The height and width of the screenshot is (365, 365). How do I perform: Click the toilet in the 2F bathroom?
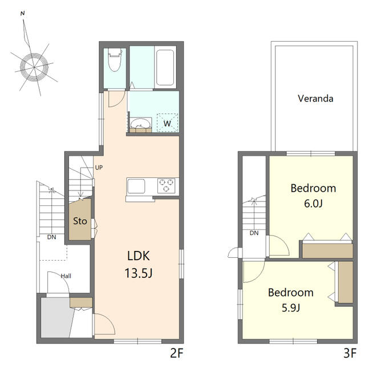[115, 59]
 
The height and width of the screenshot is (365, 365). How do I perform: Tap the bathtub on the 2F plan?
[165, 67]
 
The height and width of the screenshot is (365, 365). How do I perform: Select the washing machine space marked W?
[167, 123]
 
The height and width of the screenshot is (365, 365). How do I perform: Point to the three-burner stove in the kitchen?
[166, 185]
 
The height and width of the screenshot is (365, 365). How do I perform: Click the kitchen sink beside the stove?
[136, 186]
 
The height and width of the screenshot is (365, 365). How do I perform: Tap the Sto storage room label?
[80, 221]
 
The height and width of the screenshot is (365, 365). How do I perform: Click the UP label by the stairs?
[99, 168]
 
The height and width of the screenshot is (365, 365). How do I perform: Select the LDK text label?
[139, 255]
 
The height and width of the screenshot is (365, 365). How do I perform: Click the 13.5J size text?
[139, 273]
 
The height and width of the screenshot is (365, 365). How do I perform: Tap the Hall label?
[66, 276]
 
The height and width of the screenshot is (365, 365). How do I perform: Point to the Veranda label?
[315, 99]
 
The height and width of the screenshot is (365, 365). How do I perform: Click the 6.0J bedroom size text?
[313, 204]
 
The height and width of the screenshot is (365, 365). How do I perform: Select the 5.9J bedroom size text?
[291, 308]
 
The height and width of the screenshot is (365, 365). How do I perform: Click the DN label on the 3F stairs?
[254, 233]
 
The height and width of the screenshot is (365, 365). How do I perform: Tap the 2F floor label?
[177, 353]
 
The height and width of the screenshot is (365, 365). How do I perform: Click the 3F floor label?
[350, 353]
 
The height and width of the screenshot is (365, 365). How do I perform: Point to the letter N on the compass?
[23, 14]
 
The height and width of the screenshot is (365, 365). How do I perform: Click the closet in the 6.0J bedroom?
[327, 250]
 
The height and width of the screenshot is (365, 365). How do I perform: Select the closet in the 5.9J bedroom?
[346, 282]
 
